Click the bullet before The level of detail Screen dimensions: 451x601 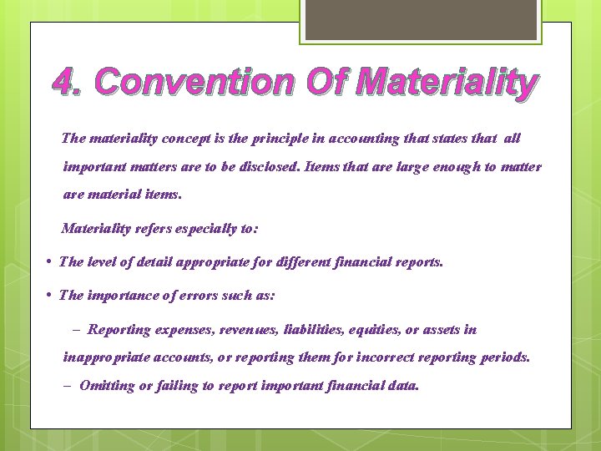point(51,262)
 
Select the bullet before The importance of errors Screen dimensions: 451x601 point(51,296)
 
